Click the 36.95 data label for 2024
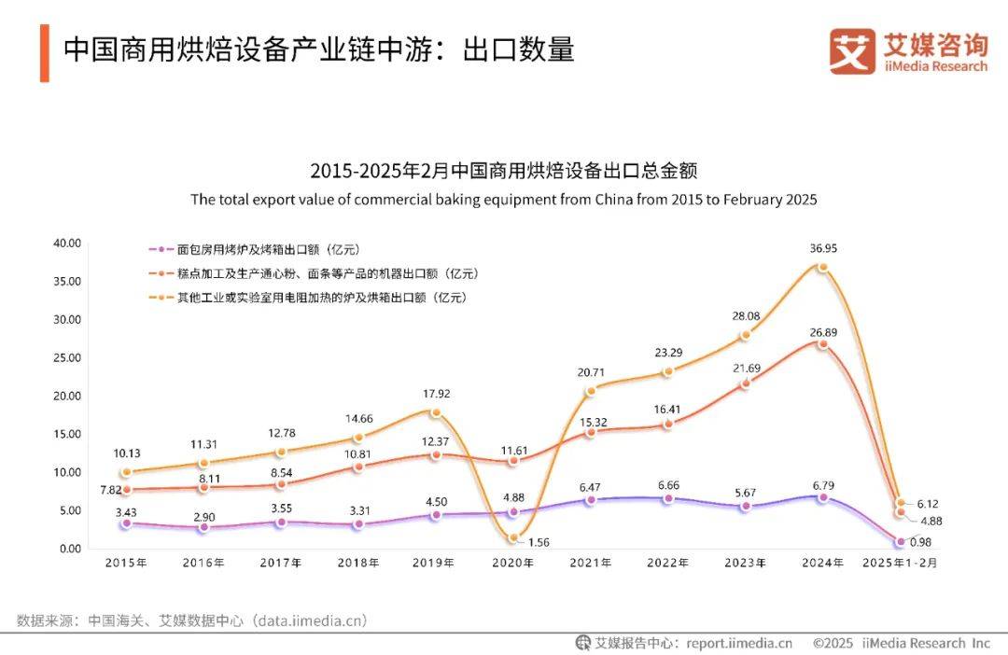coord(822,248)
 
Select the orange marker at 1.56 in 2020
coord(513,537)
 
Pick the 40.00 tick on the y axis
coord(68,244)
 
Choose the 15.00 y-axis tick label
coord(68,434)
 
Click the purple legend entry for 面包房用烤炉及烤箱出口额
coord(254,250)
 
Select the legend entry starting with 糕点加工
coord(313,274)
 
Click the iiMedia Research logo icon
coord(852,51)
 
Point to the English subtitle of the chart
coord(504,200)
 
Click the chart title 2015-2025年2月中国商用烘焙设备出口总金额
coord(504,172)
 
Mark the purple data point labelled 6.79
coord(822,497)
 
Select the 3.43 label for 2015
coord(127,513)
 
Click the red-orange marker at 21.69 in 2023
coord(745,383)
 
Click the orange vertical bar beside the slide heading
coord(44,52)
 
